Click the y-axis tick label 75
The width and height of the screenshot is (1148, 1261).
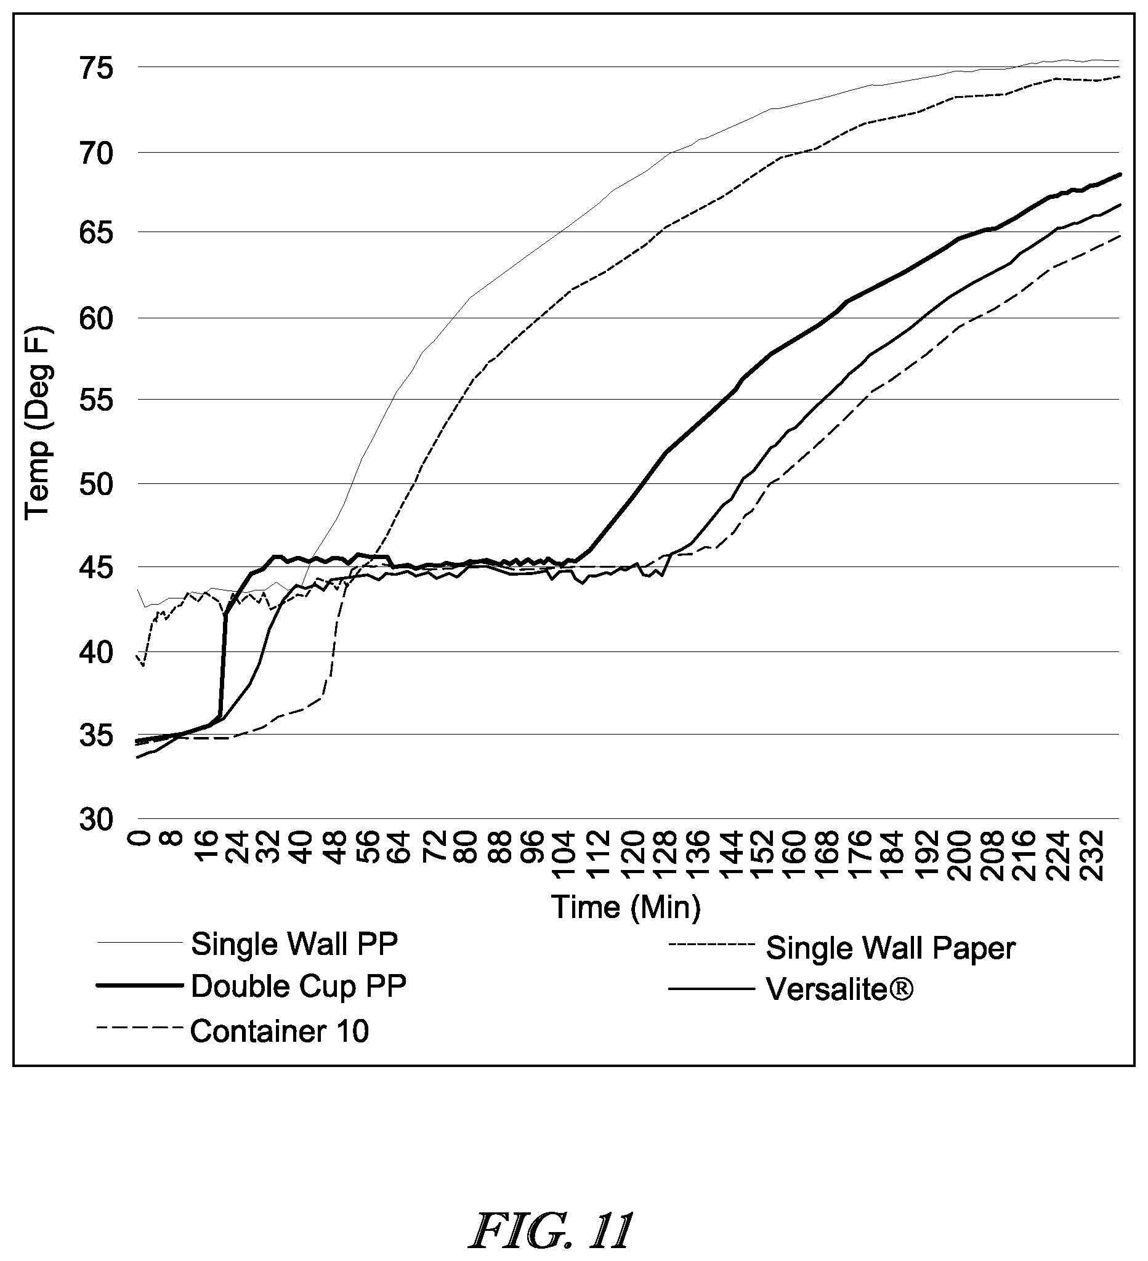[x=97, y=68]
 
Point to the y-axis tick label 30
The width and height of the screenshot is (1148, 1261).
[x=97, y=819]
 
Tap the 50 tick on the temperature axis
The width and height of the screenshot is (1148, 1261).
[x=97, y=484]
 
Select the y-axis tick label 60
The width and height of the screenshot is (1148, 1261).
[x=97, y=318]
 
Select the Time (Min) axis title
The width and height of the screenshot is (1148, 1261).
[x=626, y=907]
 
